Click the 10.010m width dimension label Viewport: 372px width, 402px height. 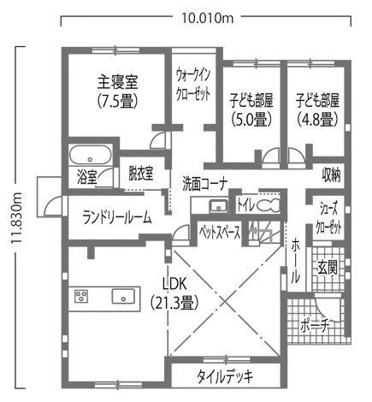(207, 19)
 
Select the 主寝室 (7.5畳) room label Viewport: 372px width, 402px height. (117, 92)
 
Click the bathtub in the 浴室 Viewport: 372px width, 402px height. (91, 155)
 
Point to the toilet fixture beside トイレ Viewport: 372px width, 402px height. (268, 205)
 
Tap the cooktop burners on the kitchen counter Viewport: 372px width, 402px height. (81, 296)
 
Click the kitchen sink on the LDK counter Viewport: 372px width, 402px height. (123, 297)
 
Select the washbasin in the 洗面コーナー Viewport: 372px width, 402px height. (218, 206)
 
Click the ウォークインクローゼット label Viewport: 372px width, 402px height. (193, 85)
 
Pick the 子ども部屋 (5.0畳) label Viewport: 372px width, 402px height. (251, 109)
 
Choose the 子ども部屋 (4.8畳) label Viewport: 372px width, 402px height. (317, 109)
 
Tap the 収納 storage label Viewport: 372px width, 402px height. (331, 174)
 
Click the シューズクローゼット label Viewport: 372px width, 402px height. (328, 218)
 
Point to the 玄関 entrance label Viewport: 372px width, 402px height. (328, 268)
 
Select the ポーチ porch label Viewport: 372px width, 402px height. (315, 326)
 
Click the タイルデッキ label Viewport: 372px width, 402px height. (225, 377)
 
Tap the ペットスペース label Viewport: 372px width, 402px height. (220, 233)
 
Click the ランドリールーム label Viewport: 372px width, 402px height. (117, 218)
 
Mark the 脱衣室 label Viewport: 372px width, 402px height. (141, 174)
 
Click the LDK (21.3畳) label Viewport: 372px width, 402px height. (174, 294)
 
